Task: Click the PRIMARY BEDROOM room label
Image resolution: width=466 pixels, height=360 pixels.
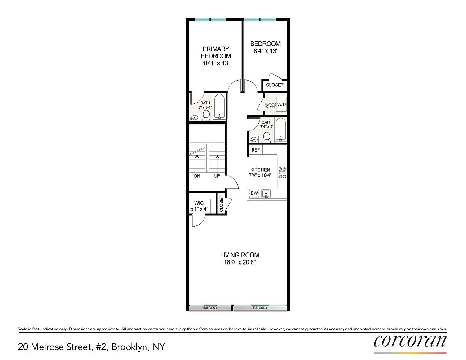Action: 216,53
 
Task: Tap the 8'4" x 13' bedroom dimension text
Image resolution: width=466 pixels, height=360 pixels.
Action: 265,51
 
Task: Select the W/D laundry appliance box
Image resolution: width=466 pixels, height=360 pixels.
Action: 282,104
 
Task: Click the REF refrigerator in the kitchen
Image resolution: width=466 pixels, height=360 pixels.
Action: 256,150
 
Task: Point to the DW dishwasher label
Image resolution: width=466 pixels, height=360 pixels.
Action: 254,193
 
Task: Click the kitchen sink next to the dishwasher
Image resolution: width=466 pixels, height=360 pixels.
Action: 266,194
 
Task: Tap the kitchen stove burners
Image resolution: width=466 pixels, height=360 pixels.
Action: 283,173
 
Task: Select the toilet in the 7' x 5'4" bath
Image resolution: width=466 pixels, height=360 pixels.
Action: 206,116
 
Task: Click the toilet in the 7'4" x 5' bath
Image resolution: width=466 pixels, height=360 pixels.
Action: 267,136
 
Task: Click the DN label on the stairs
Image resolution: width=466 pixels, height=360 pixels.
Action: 197,176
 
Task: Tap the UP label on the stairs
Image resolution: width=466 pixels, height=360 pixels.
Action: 217,176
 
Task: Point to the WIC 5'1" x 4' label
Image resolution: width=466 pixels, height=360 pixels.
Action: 199,206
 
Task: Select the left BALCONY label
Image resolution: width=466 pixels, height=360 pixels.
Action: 210,308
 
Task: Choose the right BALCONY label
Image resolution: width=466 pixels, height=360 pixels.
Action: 260,308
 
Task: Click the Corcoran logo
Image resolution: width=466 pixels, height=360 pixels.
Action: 410,341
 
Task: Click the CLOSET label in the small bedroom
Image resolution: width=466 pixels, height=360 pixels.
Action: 275,85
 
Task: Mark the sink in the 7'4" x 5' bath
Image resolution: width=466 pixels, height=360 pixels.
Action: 253,139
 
